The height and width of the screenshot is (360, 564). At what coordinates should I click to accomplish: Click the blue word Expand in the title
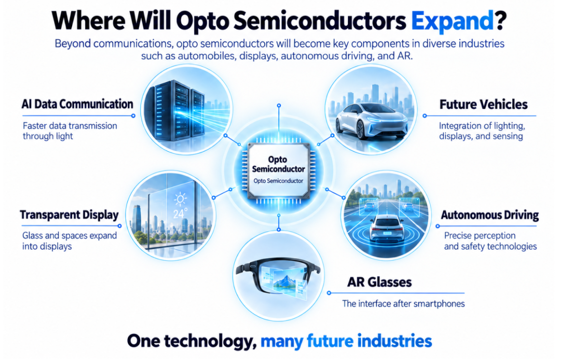(452, 21)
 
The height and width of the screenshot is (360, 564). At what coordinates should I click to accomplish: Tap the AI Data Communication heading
(77, 104)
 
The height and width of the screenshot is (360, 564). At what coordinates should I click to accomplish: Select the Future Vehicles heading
(483, 105)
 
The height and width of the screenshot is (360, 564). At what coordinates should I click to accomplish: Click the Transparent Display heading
(69, 215)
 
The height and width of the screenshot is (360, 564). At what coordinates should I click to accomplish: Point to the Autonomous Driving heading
(489, 215)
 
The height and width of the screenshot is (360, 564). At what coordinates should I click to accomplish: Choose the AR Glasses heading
(380, 282)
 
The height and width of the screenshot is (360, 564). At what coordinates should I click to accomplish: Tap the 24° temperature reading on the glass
(180, 214)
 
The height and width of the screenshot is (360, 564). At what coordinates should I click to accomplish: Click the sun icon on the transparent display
(180, 199)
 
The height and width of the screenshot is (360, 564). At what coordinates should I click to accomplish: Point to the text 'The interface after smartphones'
(403, 303)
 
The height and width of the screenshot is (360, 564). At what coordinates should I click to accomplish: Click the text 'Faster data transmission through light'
(70, 131)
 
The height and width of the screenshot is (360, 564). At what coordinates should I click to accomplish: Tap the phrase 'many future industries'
(346, 341)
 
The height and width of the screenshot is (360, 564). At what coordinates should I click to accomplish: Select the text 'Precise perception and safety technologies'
(490, 241)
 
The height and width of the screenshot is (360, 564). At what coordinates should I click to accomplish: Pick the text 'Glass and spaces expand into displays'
(69, 241)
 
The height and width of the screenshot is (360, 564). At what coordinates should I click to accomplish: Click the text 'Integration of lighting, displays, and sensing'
(482, 131)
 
